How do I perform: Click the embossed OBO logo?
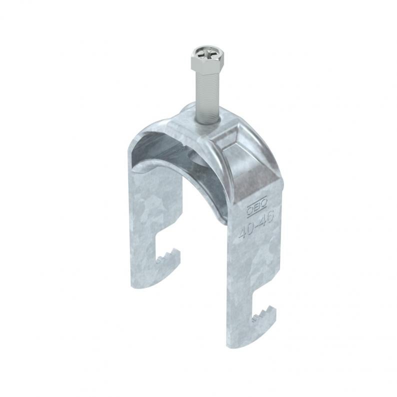pyautogui.click(x=257, y=206)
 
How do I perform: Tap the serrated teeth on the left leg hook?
pyautogui.click(x=166, y=254)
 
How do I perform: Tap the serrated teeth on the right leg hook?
pyautogui.click(x=263, y=312)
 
